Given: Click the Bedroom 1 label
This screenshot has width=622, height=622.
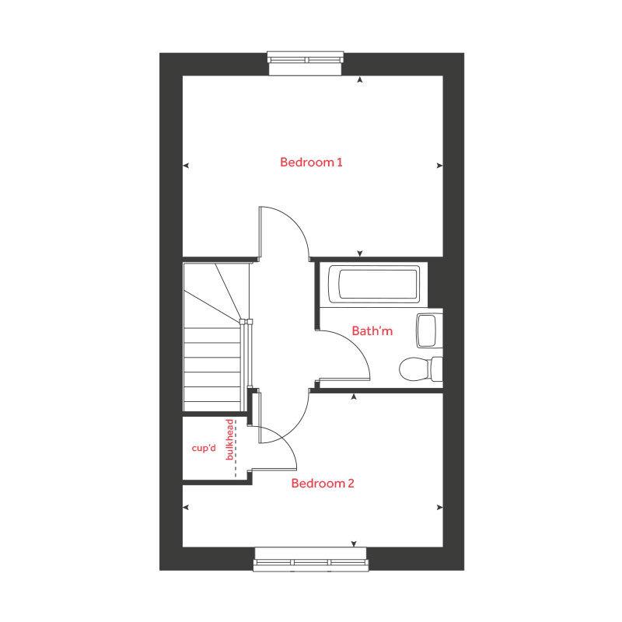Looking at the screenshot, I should (x=311, y=162).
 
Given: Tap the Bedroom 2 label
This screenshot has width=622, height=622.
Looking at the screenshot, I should (x=323, y=484).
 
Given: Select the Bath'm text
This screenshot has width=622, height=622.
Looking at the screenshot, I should (x=372, y=331).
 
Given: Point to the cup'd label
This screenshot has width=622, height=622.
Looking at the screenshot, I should (x=204, y=449).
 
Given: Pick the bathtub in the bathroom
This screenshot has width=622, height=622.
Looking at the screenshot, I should (x=374, y=284).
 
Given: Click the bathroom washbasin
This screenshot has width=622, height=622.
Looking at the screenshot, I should (x=428, y=330).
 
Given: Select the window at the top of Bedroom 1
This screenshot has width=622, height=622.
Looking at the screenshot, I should (x=306, y=59).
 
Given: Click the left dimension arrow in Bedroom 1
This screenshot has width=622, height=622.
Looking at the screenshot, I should (x=186, y=166).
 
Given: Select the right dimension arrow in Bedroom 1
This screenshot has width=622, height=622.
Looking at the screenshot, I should (x=439, y=166).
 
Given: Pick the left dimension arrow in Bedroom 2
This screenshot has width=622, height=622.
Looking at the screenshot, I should (x=186, y=507).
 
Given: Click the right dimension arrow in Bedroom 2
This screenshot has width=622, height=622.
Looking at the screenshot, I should (x=439, y=507).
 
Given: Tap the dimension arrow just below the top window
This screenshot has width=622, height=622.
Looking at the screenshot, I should (x=359, y=79).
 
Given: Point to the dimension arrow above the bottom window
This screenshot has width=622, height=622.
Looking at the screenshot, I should (x=354, y=543).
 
